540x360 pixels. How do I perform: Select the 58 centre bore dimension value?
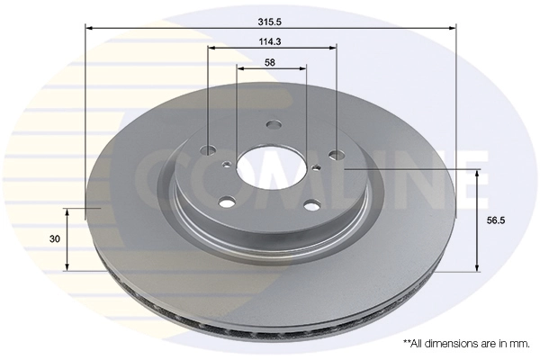271,62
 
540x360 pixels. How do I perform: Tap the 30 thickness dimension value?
55,238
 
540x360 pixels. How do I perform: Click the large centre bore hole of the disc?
266,166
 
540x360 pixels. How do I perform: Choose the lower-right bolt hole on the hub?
310,204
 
